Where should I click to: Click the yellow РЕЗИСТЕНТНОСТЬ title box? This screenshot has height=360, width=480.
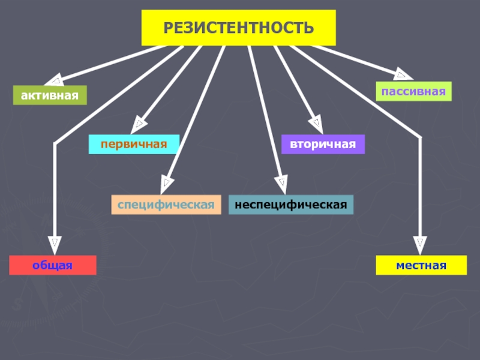(x=238, y=28)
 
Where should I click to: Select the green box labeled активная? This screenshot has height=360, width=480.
(x=50, y=95)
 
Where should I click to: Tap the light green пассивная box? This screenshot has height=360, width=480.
(x=413, y=91)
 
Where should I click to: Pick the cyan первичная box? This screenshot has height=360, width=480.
(x=134, y=144)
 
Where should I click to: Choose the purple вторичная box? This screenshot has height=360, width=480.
(x=323, y=144)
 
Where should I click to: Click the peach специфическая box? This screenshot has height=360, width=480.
(x=166, y=205)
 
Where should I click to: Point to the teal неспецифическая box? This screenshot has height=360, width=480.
(x=291, y=205)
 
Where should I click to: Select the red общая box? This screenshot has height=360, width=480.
(x=53, y=265)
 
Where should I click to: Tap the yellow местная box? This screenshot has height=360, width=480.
(x=421, y=265)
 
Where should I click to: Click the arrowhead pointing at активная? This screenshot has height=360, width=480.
(x=55, y=80)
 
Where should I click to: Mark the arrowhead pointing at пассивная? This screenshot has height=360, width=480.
(x=403, y=74)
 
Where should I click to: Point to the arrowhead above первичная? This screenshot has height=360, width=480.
(x=138, y=125)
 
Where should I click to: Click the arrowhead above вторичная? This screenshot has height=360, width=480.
(x=317, y=124)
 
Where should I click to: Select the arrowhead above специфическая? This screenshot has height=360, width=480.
(x=166, y=184)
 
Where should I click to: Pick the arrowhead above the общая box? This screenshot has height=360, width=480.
(x=55, y=245)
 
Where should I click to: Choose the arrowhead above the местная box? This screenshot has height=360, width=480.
(x=420, y=245)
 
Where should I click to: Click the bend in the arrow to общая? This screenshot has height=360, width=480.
(x=55, y=143)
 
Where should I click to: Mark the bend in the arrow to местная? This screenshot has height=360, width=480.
(x=420, y=137)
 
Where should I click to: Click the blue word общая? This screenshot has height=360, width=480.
(x=53, y=265)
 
